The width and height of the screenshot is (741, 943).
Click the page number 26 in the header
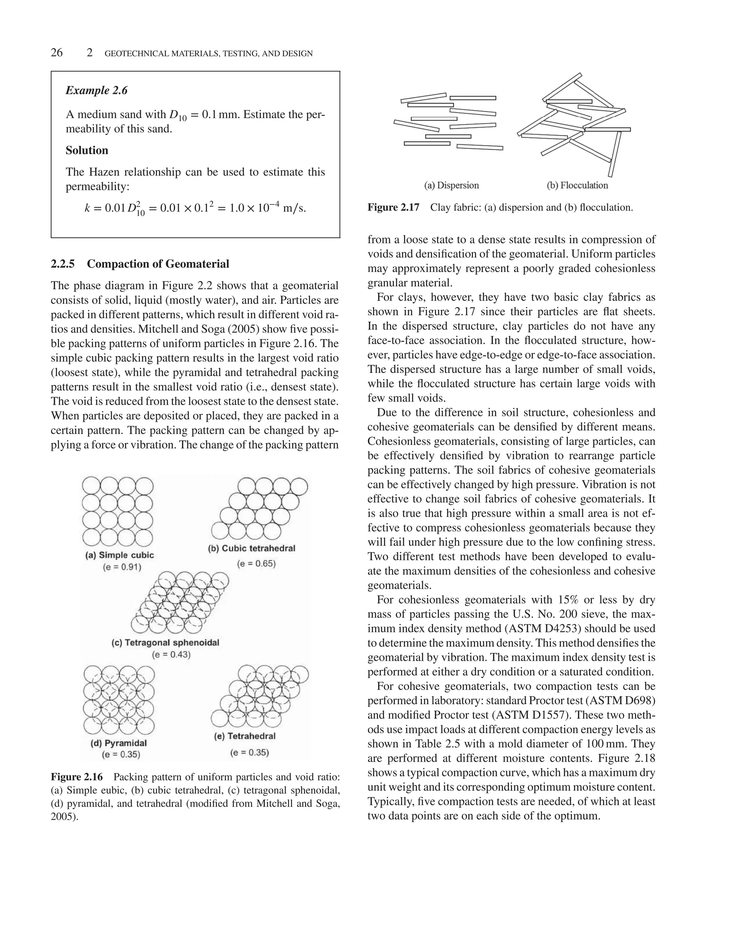57,53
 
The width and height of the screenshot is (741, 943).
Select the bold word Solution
87,150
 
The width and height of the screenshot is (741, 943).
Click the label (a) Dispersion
451,185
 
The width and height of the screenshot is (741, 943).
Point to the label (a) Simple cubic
119,555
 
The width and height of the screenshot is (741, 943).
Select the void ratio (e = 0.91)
122,567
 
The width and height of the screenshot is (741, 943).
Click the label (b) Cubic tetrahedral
251,548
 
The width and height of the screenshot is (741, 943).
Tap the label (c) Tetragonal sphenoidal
165,643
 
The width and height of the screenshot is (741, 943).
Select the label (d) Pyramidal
118,743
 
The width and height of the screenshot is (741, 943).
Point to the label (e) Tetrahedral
245,736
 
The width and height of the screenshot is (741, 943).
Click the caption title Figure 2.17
393,207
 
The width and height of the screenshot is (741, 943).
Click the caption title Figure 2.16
77,777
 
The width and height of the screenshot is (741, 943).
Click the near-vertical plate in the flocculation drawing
614,154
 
